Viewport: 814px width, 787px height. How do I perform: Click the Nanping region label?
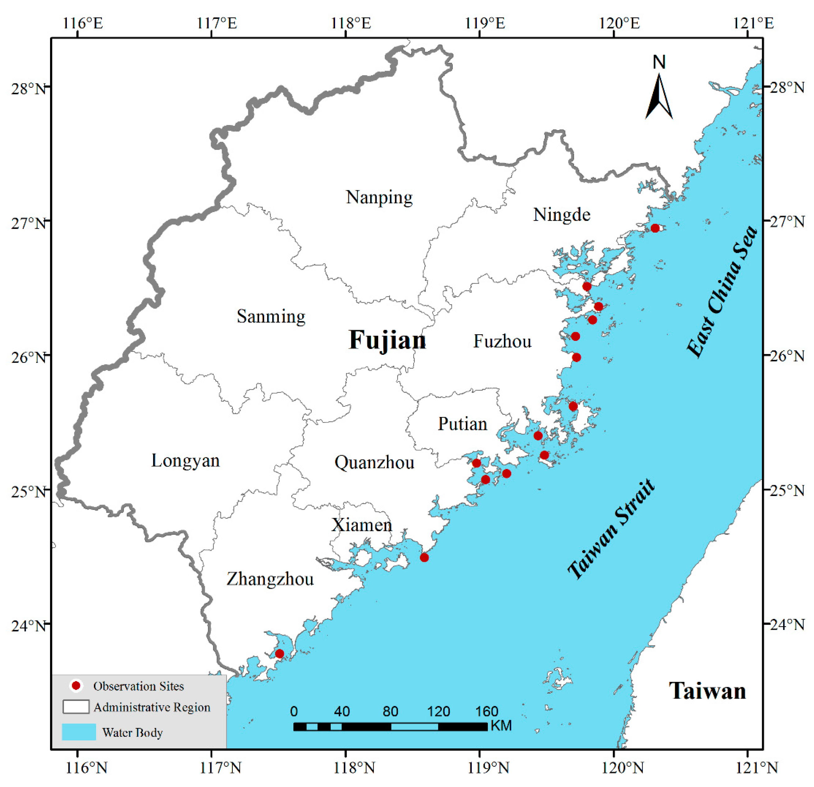click(x=379, y=197)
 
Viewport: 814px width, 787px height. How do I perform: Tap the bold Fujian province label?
click(x=387, y=340)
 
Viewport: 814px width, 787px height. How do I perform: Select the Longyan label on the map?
click(x=185, y=461)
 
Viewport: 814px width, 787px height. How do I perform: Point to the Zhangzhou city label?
click(x=270, y=579)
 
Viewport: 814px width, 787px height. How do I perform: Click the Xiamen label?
click(x=361, y=525)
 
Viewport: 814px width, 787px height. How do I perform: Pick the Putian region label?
click(x=462, y=424)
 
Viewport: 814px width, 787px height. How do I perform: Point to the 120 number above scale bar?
click(x=438, y=711)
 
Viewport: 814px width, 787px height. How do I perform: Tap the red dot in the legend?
click(x=76, y=686)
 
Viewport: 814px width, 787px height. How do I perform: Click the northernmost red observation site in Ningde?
click(x=655, y=228)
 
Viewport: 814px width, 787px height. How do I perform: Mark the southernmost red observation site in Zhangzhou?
click(x=279, y=654)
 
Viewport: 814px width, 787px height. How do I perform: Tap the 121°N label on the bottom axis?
click(x=757, y=768)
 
